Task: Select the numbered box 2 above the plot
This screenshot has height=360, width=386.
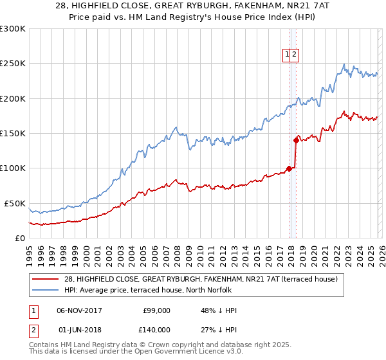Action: (294, 55)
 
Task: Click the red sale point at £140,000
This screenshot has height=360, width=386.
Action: (296, 139)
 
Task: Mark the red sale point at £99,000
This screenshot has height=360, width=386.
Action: (289, 169)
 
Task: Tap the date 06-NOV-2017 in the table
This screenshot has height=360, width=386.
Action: (80, 310)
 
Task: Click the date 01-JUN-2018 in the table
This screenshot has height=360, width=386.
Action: (80, 329)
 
